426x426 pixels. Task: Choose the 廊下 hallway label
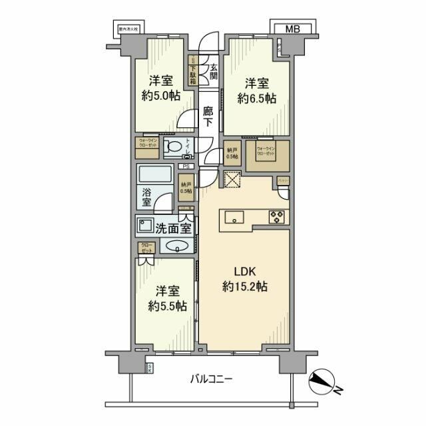[208, 117]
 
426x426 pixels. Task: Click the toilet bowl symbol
[174, 147]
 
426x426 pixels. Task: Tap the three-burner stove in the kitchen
[277, 217]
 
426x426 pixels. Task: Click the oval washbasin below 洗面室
[177, 247]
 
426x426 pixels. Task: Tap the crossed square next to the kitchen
[232, 180]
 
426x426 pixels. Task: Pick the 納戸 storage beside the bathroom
[187, 187]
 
